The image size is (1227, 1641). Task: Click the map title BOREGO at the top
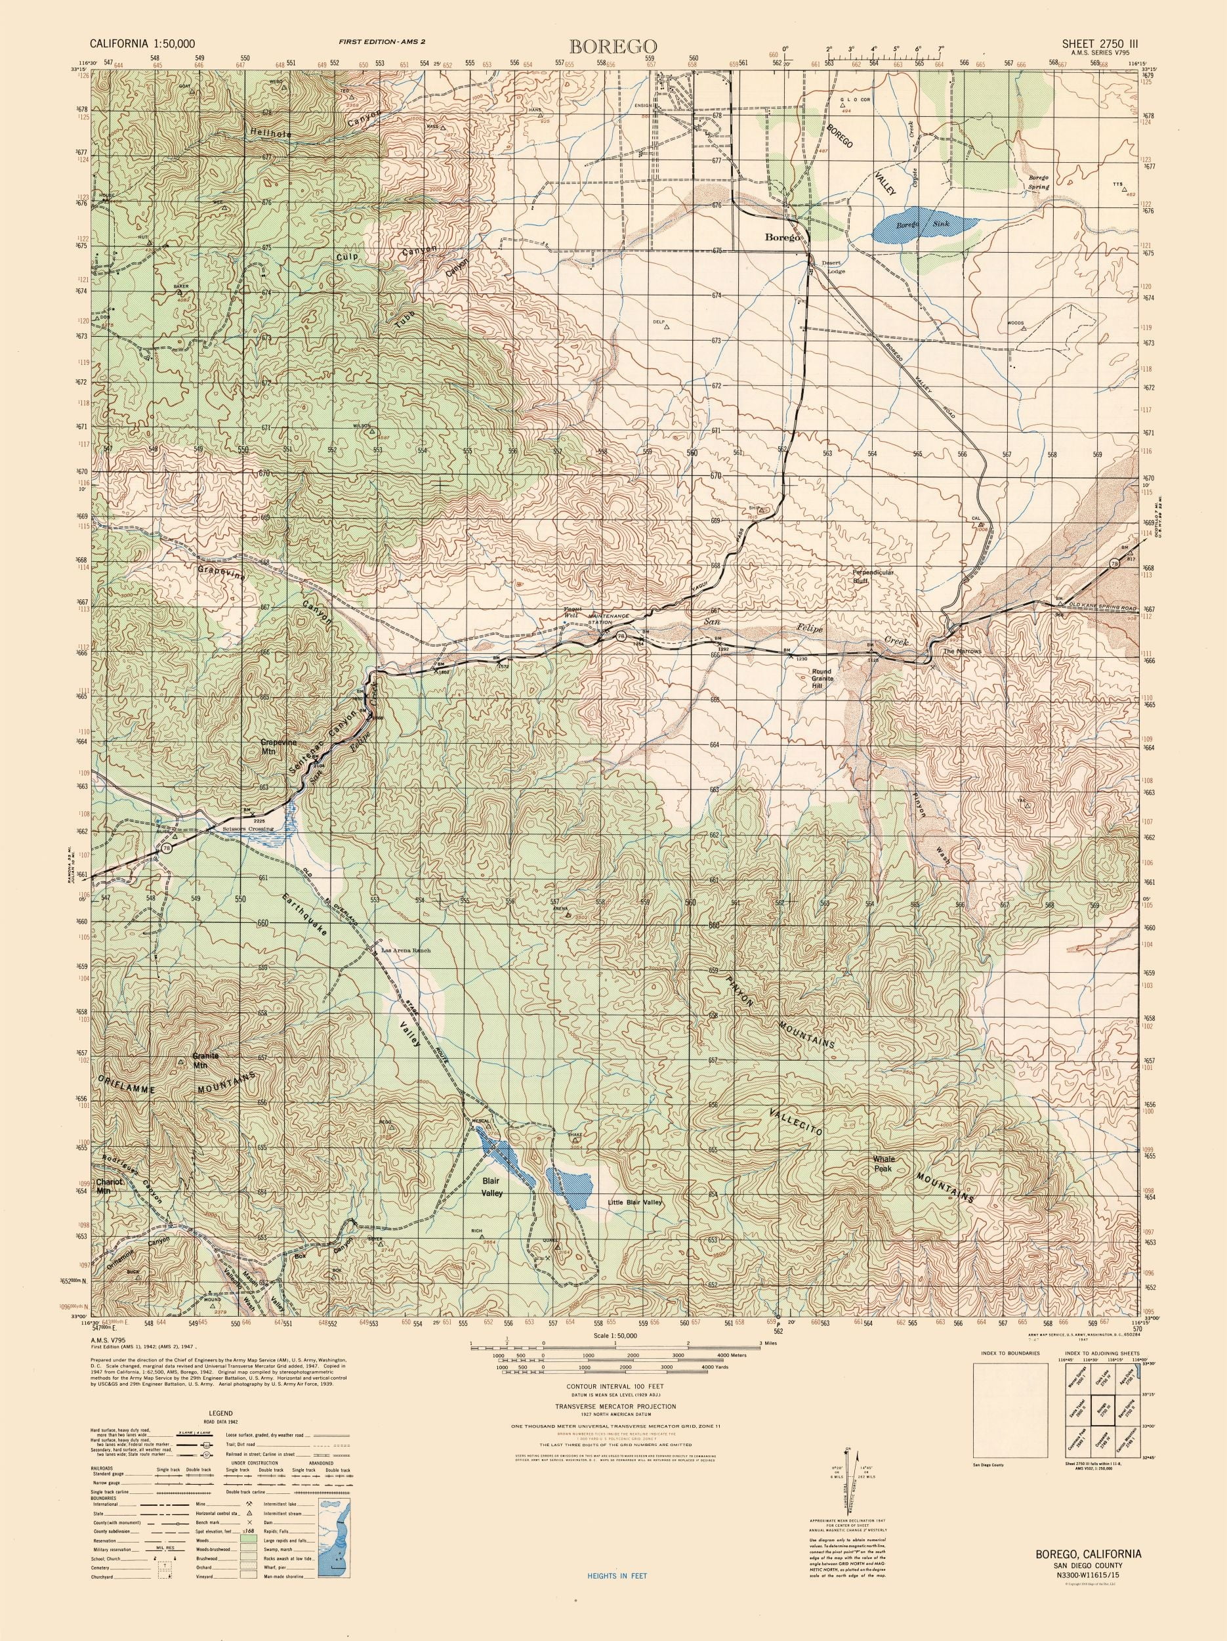click(x=612, y=46)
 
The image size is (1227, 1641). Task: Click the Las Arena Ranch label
click(x=405, y=950)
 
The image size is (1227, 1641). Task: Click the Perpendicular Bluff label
click(x=873, y=576)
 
